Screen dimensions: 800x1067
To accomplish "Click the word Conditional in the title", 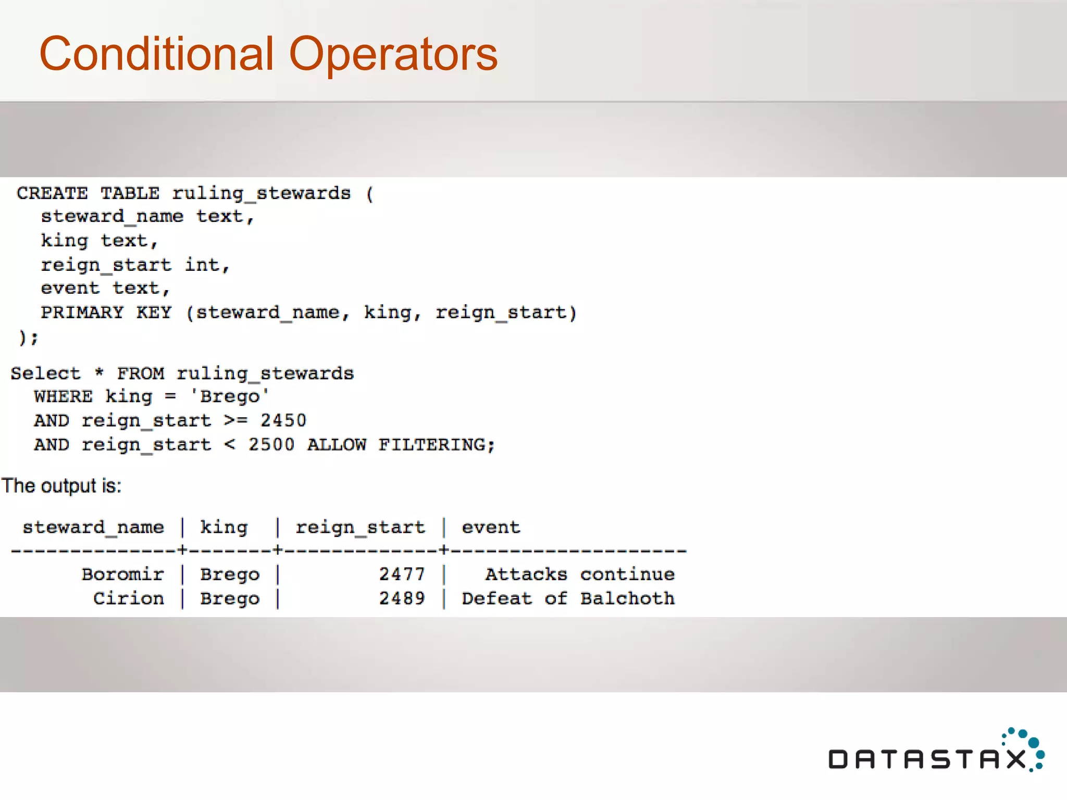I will click(x=156, y=54).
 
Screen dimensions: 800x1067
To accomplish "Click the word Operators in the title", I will click(x=393, y=55).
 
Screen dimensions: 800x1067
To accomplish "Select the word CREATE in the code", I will click(x=52, y=193).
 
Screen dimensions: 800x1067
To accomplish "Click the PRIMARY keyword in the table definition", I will click(x=82, y=312).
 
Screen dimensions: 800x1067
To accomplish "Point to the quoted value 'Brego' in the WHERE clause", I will click(x=230, y=396).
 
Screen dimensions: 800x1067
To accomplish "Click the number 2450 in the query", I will click(x=283, y=420).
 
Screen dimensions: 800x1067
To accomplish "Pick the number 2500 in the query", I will click(x=271, y=445).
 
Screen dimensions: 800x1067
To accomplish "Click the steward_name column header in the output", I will click(x=93, y=528).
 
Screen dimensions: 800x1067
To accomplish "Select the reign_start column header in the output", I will click(x=361, y=528).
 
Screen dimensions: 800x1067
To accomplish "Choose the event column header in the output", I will click(x=491, y=528).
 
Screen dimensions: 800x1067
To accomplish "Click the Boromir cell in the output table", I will click(x=123, y=574).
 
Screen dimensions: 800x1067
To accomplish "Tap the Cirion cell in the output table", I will click(x=129, y=598).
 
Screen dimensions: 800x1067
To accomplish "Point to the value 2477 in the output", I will click(x=402, y=574).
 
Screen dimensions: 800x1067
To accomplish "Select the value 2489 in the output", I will click(x=402, y=598).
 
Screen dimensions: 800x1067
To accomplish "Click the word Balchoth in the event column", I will click(x=628, y=598).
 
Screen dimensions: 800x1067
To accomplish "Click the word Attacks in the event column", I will click(x=526, y=574).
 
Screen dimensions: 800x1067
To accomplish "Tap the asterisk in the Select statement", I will click(x=99, y=372).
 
